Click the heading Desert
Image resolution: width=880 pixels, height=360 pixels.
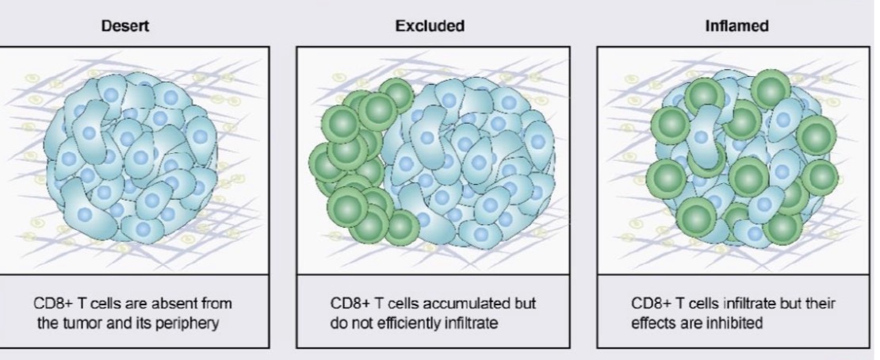125,26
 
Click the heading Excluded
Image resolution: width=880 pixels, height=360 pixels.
430,26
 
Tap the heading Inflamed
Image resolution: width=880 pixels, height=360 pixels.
737,26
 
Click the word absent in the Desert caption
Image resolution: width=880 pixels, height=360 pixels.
169,304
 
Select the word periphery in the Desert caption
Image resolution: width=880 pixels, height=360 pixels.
189,324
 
